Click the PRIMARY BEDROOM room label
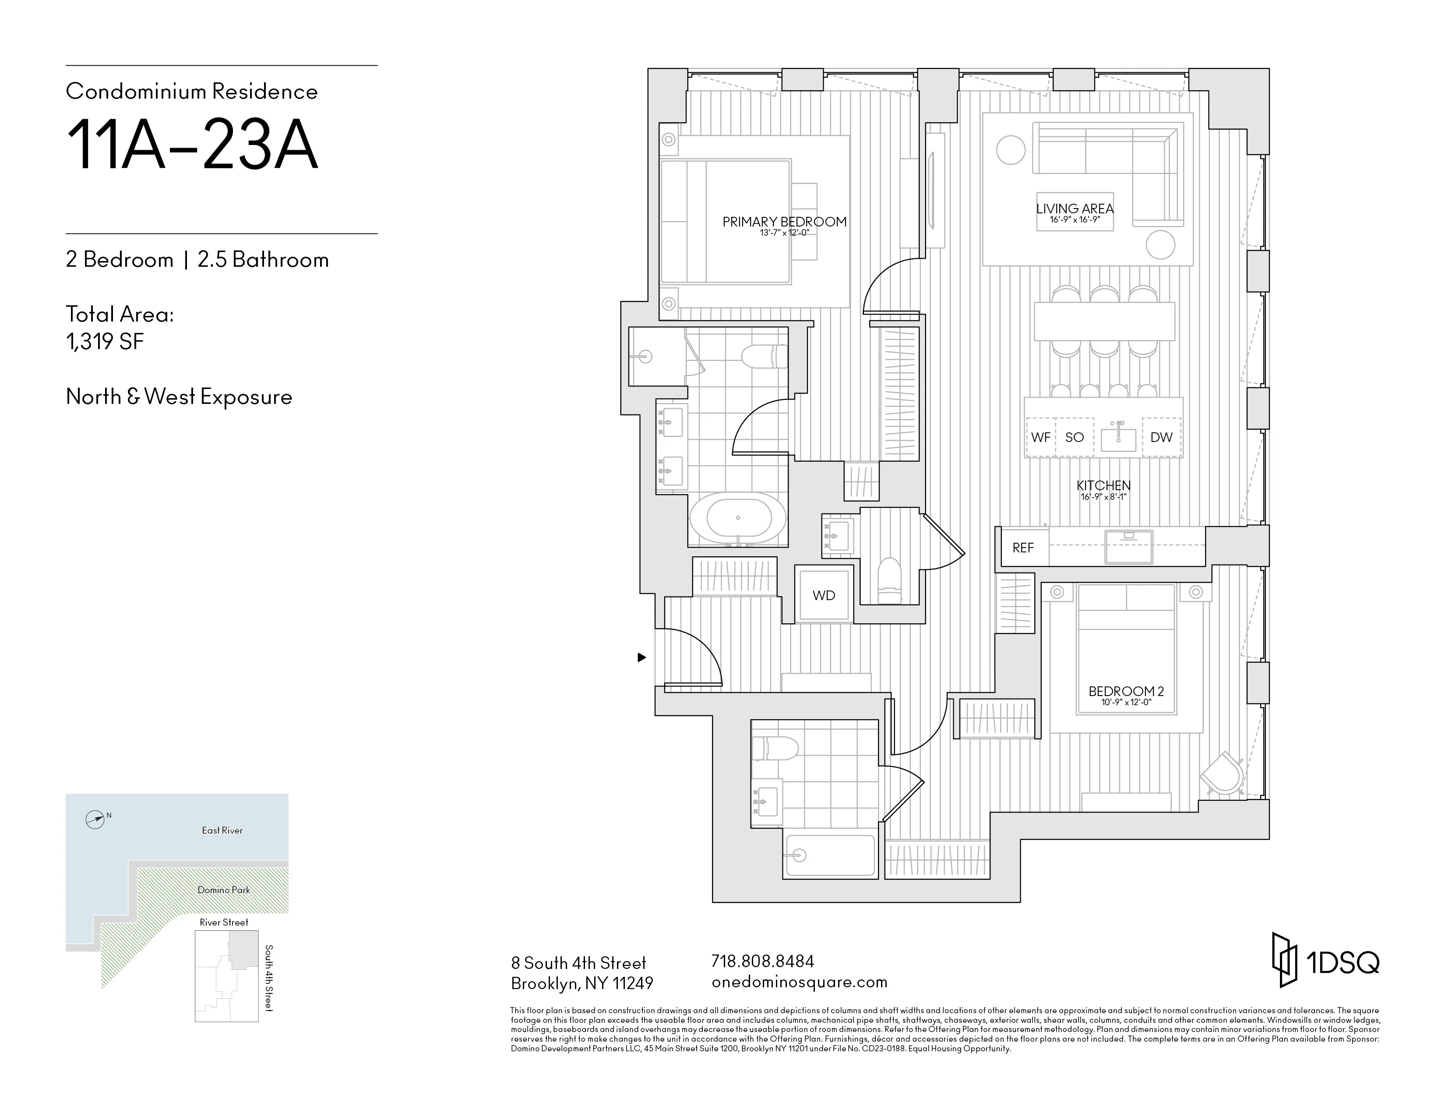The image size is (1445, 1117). coord(784,222)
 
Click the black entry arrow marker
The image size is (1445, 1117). coord(641,657)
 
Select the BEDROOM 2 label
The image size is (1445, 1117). coord(1126,691)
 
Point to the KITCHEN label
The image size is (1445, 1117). coord(1103,485)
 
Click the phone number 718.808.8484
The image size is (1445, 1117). coord(762,961)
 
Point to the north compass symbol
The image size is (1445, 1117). coord(95,820)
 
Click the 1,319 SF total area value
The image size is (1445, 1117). coord(105,342)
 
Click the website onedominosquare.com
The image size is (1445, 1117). coord(799,982)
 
